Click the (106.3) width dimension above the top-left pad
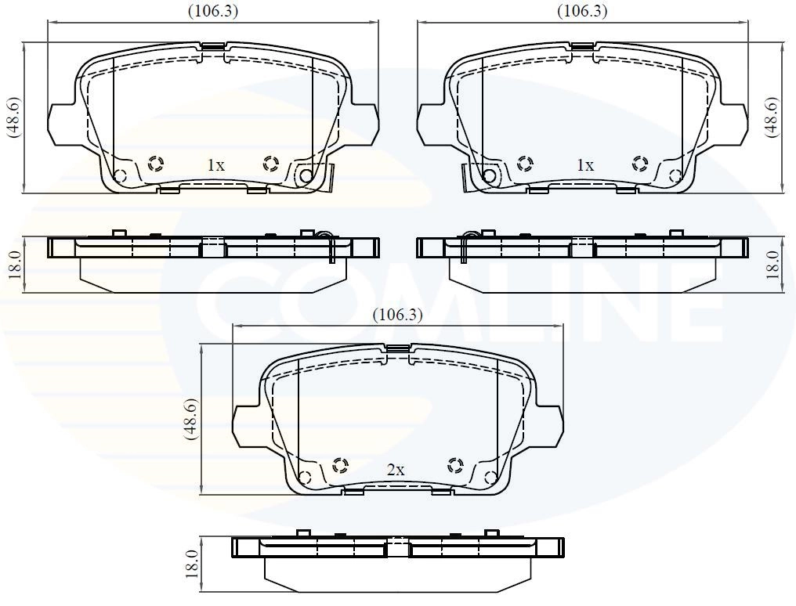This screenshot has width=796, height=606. click(213, 11)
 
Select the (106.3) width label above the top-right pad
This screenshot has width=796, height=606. click(582, 11)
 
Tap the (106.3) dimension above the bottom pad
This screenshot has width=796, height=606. click(397, 315)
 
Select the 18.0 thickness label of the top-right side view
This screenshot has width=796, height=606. click(772, 265)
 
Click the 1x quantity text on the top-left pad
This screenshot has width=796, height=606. click(215, 165)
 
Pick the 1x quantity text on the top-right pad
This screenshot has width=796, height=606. click(584, 165)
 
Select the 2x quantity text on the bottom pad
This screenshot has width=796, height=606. click(396, 470)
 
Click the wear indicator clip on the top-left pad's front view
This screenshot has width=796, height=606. click(329, 178)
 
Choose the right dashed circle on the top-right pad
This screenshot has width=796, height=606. click(640, 164)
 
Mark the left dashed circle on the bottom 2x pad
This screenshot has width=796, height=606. click(340, 466)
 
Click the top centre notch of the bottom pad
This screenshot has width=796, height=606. click(397, 348)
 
